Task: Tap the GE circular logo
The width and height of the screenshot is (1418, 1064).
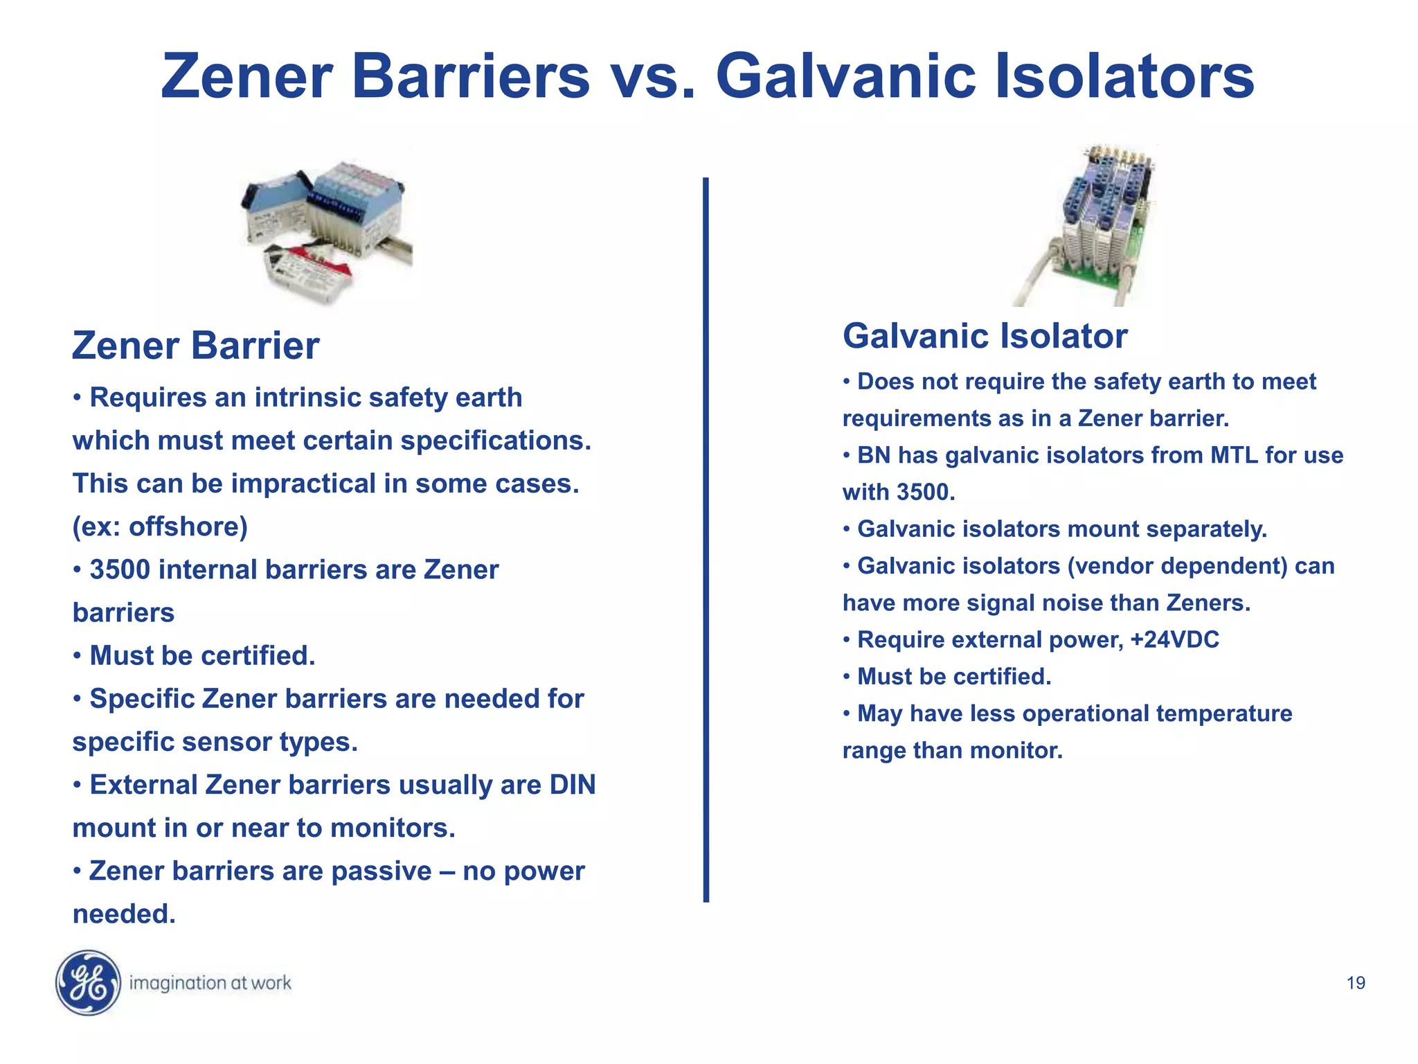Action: coord(88,982)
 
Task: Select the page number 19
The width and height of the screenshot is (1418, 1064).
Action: coord(1356,983)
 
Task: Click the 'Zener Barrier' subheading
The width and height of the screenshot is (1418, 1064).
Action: coord(196,346)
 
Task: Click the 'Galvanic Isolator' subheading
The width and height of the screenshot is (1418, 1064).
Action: coord(985,336)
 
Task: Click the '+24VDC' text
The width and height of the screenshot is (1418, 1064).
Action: coord(1174,639)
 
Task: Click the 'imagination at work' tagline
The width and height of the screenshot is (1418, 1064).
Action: coord(210,983)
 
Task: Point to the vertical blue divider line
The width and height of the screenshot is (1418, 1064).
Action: coord(706,540)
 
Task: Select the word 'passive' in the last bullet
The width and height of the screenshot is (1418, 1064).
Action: coord(382,871)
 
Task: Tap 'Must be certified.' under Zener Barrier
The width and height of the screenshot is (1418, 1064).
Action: coord(202,655)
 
